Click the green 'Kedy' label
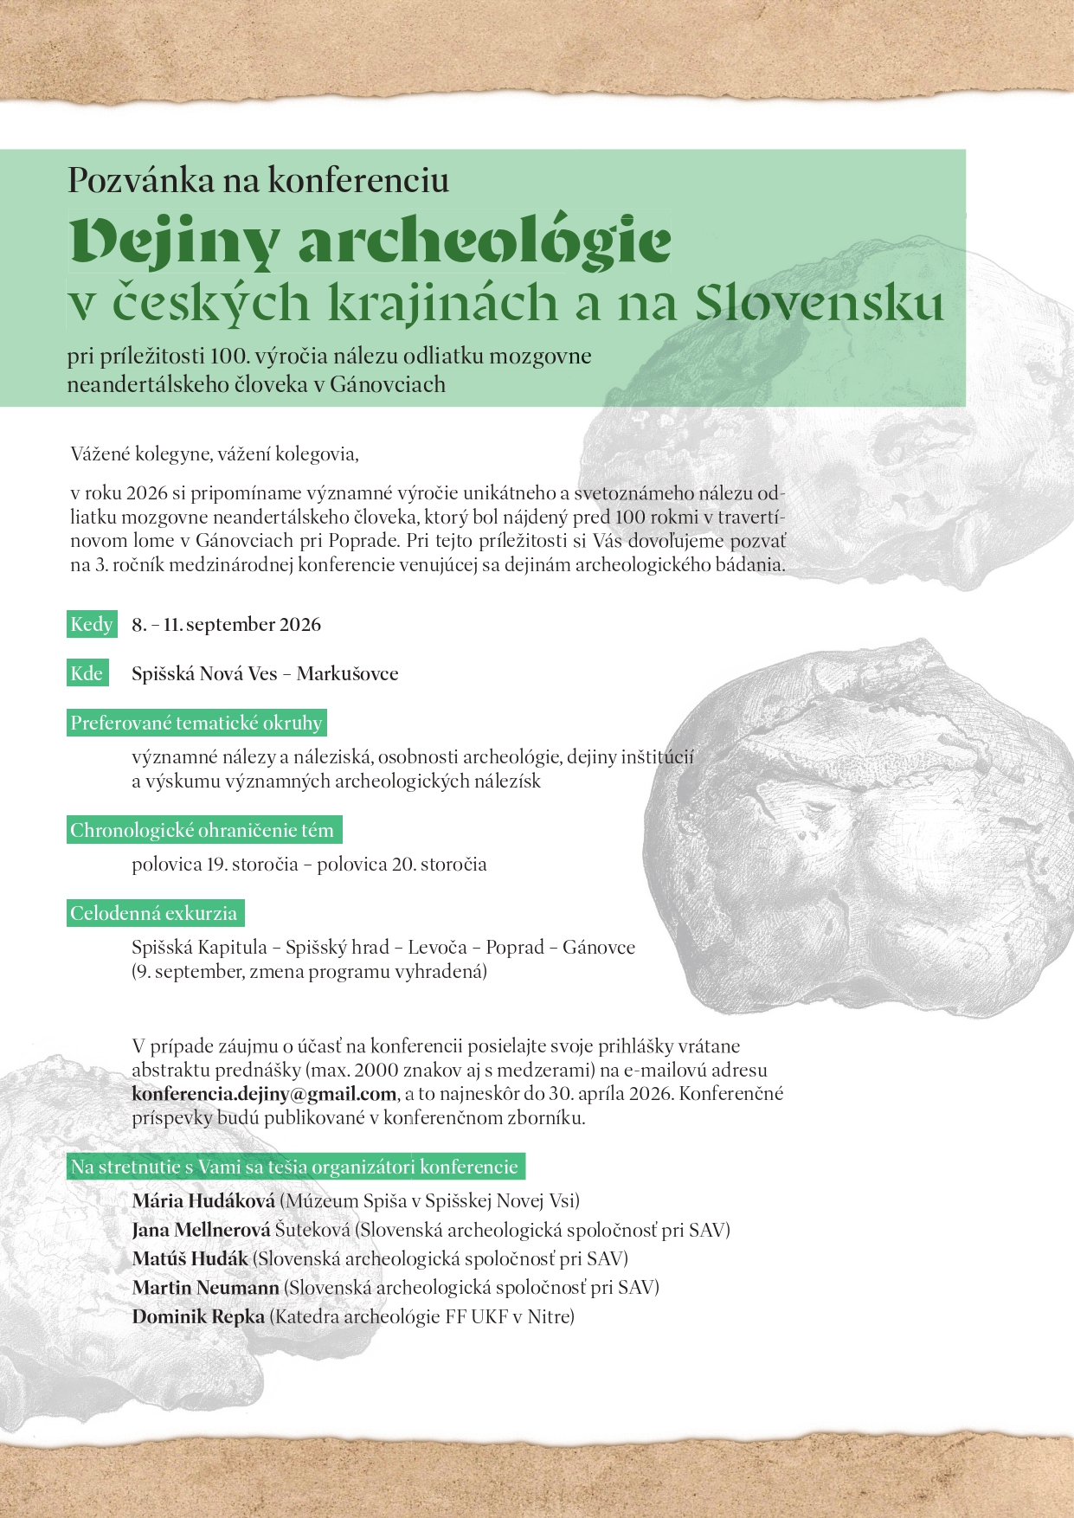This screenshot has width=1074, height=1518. click(x=91, y=625)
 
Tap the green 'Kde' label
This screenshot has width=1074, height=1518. click(x=87, y=674)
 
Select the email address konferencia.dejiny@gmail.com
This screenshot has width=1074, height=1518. click(x=264, y=1094)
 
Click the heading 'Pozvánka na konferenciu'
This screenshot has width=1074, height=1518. click(x=258, y=180)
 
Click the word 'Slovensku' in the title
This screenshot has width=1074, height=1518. click(x=819, y=303)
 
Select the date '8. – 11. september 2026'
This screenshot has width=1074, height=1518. click(x=226, y=625)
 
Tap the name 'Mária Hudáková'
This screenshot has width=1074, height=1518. click(x=203, y=1201)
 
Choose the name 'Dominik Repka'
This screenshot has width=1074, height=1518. click(x=198, y=1317)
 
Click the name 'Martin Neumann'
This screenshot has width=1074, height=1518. click(x=205, y=1288)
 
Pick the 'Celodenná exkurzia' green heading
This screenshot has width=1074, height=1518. click(x=154, y=914)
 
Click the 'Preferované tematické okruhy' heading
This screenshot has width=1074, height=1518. click(x=196, y=724)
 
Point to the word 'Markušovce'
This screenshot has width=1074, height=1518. click(x=347, y=674)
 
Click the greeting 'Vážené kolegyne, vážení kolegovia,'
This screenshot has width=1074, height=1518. click(x=214, y=453)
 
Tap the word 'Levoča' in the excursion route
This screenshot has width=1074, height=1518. click(x=437, y=948)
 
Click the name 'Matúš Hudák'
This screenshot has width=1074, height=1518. click(x=190, y=1259)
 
